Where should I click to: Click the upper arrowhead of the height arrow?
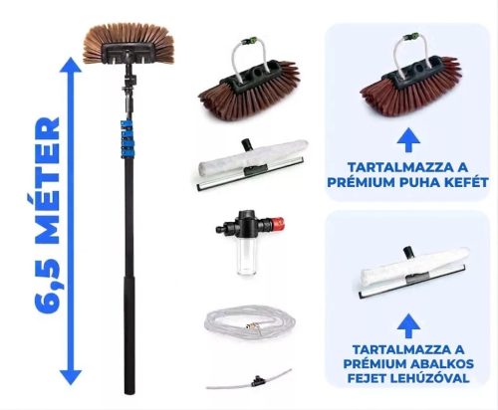point(71,65)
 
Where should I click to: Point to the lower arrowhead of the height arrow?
point(71,377)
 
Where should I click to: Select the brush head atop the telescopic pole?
point(128,44)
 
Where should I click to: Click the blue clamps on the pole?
point(126,138)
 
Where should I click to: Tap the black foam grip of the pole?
point(129,334)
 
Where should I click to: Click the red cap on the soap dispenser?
point(276,224)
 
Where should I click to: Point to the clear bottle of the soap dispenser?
point(246,257)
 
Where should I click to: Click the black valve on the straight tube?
point(256,380)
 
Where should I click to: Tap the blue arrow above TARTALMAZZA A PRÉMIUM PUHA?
point(408,139)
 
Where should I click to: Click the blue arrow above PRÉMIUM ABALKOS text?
point(408,325)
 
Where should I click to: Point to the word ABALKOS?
point(442,364)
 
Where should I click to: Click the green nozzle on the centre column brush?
point(249,41)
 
